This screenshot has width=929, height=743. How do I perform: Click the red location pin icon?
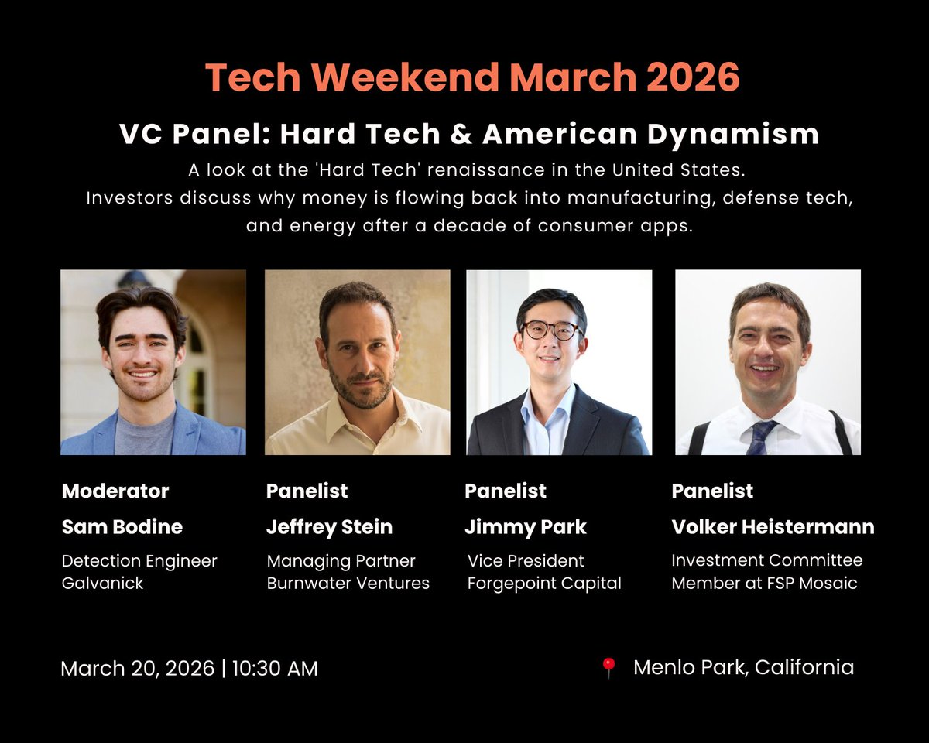[608, 668]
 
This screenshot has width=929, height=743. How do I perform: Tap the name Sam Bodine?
[122, 527]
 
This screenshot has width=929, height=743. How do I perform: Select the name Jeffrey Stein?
[329, 527]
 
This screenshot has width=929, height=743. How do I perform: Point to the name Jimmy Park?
[526, 527]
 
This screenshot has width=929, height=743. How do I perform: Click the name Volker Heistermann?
[773, 527]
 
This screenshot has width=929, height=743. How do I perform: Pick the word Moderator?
[115, 491]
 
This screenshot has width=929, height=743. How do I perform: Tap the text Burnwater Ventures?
[348, 583]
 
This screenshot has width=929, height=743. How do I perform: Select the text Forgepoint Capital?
[544, 583]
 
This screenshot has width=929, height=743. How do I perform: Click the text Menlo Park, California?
[743, 667]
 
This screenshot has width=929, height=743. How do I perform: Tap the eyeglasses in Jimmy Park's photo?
[551, 330]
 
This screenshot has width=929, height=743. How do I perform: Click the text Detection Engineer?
[139, 560]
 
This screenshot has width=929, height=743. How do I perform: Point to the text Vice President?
[526, 560]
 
